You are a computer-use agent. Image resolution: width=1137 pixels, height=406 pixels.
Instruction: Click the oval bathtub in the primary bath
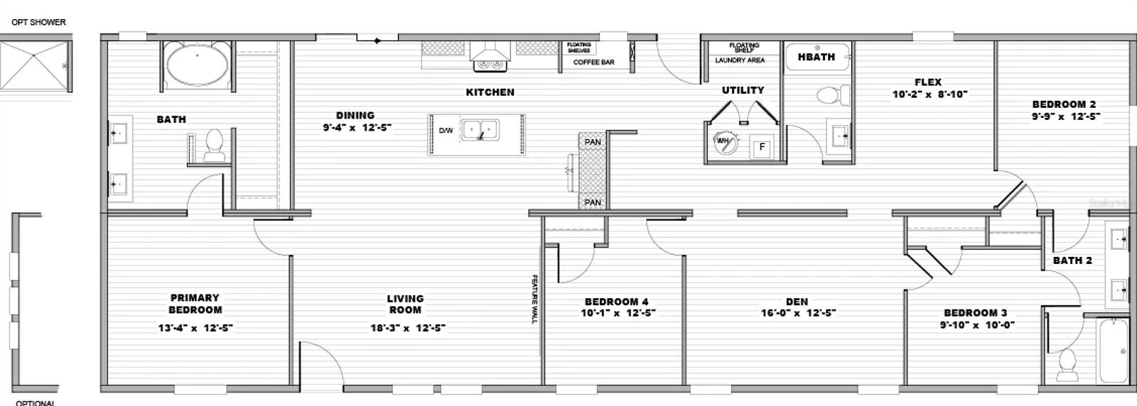coord(197,66)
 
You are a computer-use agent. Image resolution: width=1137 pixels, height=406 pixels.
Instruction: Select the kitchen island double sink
coord(480,131)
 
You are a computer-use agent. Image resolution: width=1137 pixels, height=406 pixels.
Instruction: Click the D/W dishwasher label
coord(446,131)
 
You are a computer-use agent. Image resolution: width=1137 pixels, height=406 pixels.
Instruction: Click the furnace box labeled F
coord(762,147)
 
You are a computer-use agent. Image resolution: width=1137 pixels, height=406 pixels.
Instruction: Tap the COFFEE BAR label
coord(593,62)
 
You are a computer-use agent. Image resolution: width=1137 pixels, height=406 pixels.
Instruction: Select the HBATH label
coord(816,57)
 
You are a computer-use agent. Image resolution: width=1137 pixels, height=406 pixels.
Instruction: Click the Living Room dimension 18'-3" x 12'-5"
coord(408,328)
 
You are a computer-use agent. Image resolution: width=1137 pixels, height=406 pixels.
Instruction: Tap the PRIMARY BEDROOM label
coord(195,304)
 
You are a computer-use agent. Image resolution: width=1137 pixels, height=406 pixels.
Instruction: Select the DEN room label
coord(797,302)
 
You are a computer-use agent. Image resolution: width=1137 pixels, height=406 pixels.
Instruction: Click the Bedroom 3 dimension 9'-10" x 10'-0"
coord(976,325)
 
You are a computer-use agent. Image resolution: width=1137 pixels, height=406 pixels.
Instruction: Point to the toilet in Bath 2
coord(1067,363)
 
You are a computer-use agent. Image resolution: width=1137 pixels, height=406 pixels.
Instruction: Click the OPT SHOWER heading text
coord(38,22)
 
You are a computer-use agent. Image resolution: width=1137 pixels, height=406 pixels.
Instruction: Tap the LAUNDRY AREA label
coord(740,60)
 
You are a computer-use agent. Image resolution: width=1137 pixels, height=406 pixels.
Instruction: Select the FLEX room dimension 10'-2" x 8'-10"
coord(929,94)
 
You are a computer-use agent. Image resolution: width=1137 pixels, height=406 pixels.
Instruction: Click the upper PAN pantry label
coord(593,142)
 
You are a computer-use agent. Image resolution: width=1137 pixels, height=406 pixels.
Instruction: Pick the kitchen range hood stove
coord(490,57)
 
